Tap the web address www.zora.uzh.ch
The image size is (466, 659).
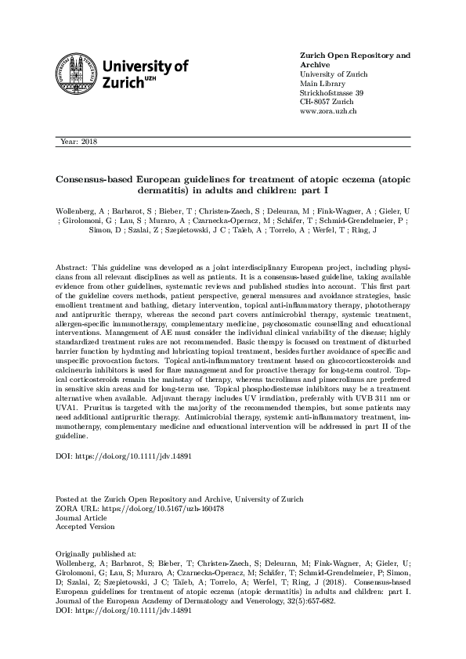[x=329, y=112]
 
